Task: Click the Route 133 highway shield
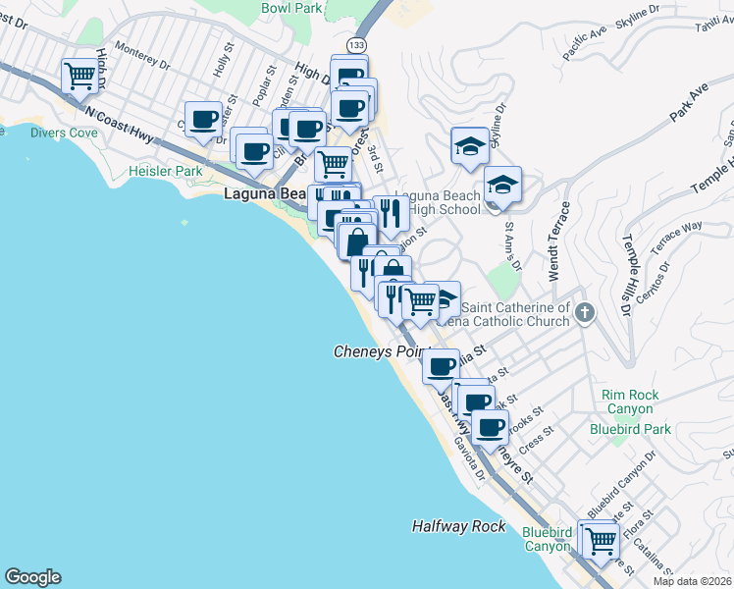[x=355, y=45]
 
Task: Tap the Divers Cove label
[x=64, y=133]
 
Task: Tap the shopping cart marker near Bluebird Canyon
[x=601, y=538]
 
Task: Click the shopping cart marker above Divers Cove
[x=79, y=75]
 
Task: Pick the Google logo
[x=32, y=577]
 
